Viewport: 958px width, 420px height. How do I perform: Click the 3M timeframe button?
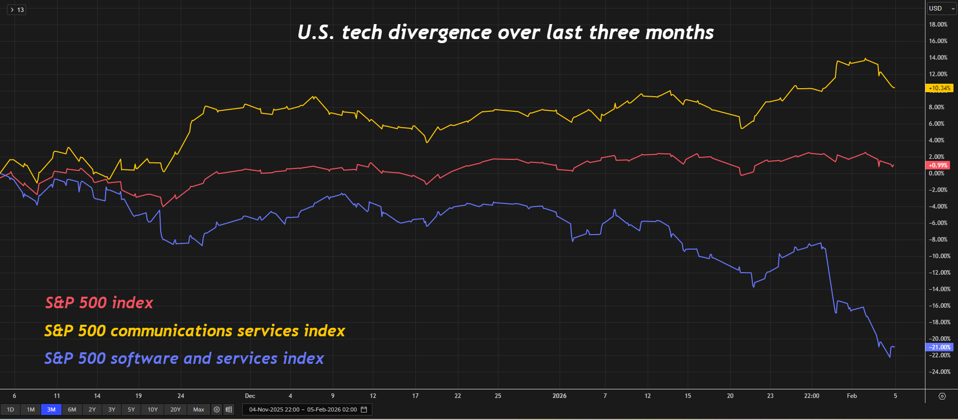tap(51, 409)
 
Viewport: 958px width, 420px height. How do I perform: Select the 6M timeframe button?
tap(72, 409)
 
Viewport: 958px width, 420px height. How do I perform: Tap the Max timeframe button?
tap(199, 409)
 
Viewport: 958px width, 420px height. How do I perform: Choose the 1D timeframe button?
tap(10, 409)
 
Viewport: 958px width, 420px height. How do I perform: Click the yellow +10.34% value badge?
tap(939, 88)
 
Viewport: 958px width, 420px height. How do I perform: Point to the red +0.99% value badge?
tap(938, 165)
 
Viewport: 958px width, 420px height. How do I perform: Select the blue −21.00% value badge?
tap(939, 347)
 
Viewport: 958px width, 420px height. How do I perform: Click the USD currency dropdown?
tap(941, 9)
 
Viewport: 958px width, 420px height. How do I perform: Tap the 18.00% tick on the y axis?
tap(938, 25)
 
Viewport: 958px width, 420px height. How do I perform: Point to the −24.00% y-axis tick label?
tap(939, 372)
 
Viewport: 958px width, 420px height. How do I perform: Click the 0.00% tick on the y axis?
tap(936, 173)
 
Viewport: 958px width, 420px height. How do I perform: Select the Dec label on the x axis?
tap(250, 396)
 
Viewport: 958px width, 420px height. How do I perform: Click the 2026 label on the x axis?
tap(559, 396)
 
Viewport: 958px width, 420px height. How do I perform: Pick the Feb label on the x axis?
tap(851, 396)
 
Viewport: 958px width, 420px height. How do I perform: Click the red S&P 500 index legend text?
tap(99, 303)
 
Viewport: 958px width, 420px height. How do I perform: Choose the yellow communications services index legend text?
tap(195, 331)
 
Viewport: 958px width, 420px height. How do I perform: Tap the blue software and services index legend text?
tap(184, 358)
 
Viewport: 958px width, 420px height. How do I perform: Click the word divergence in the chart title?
tap(440, 33)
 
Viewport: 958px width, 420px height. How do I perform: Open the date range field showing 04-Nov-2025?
tap(307, 409)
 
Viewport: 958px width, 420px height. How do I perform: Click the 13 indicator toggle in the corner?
tap(17, 10)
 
